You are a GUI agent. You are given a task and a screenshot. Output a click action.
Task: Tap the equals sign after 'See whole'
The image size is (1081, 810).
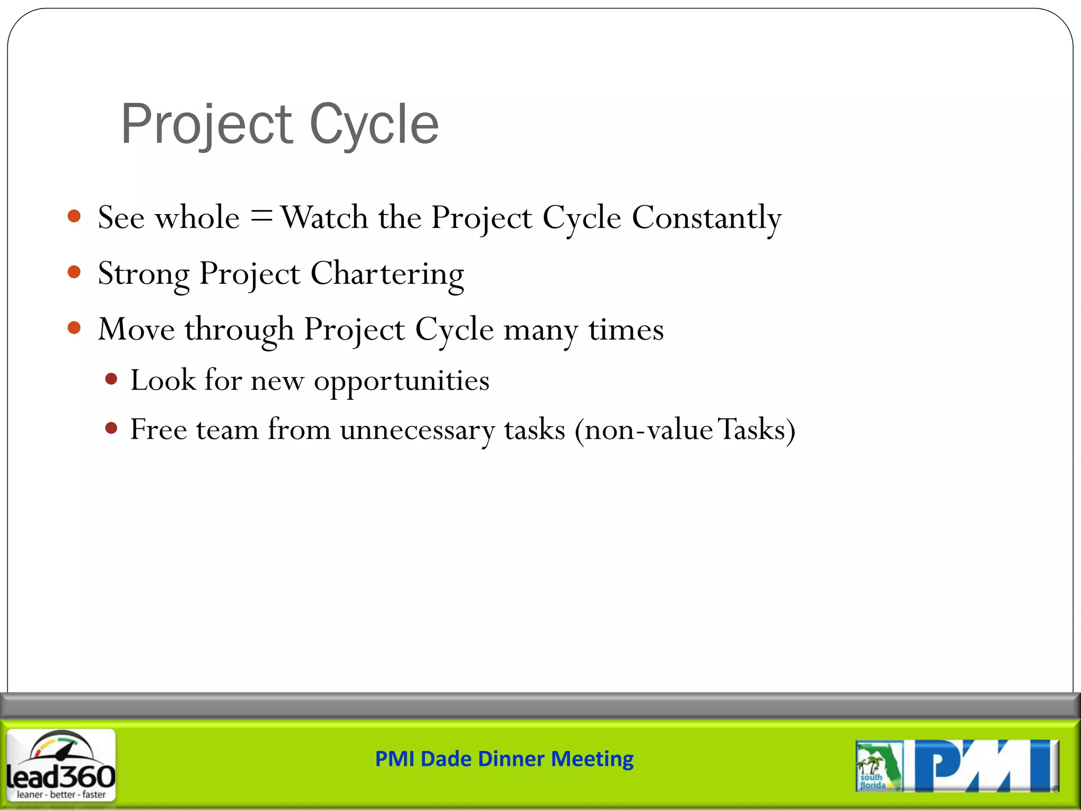261,217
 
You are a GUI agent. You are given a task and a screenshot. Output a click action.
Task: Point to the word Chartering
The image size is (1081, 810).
387,274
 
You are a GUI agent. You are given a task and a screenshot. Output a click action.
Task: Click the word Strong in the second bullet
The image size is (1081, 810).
144,274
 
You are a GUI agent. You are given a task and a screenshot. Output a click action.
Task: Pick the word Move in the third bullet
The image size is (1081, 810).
136,330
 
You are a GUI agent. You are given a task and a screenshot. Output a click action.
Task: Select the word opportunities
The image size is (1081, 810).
401,381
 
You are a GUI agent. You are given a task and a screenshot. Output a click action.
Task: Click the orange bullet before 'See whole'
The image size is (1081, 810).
74,216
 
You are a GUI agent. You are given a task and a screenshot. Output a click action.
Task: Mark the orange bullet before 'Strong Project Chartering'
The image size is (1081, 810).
74,272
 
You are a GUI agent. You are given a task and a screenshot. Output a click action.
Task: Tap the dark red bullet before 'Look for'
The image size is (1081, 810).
111,379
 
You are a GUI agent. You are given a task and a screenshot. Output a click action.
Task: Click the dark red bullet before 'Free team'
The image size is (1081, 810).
111,428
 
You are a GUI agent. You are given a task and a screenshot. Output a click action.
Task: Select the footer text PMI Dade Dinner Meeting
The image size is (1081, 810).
504,759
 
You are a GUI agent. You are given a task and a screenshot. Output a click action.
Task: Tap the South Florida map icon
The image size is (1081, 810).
878,766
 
